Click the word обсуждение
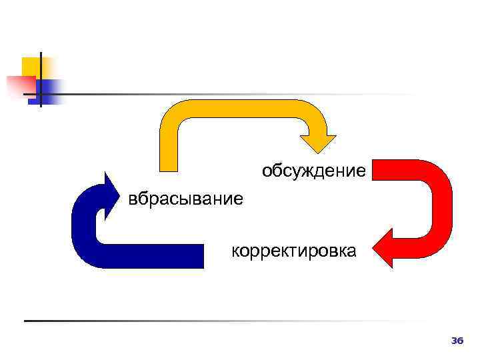click(313, 171)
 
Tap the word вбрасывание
click(186, 199)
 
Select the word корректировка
click(293, 251)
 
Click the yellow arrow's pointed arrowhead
click(318, 143)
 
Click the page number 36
click(457, 341)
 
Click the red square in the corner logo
click(20, 85)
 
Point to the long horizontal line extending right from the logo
click(233, 94)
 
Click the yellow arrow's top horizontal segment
click(240, 109)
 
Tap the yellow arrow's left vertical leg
click(169, 147)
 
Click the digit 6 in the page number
click(459, 341)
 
